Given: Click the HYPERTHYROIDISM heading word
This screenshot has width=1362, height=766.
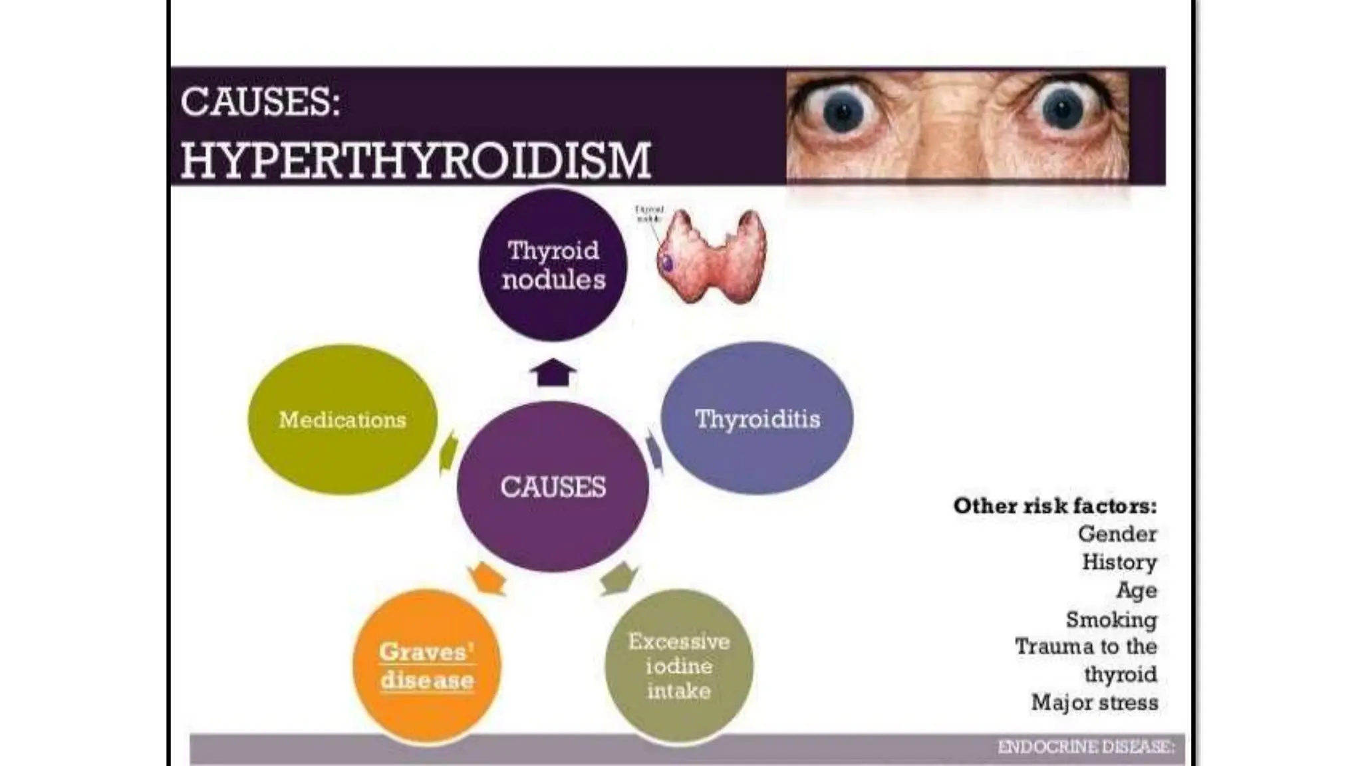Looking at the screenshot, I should (x=416, y=160).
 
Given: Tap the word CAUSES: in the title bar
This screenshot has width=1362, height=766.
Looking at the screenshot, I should (x=260, y=102).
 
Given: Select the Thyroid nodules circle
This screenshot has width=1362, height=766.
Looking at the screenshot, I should (x=553, y=265).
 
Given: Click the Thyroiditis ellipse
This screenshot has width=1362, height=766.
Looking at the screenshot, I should (x=757, y=419).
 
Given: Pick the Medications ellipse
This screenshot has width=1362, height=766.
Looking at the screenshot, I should (x=342, y=420).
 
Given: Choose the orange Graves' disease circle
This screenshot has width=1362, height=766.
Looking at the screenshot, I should (x=427, y=666).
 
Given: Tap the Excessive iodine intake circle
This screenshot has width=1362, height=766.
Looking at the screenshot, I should (x=679, y=666).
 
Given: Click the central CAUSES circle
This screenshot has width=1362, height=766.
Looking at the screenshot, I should (x=553, y=487).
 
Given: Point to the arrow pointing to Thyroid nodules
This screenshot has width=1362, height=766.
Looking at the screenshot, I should (x=553, y=372).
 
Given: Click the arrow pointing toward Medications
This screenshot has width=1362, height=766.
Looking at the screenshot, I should (x=450, y=452).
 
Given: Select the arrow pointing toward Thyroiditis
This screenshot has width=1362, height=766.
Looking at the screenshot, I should (x=655, y=451).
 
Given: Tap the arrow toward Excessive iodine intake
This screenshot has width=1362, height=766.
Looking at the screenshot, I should (x=617, y=577).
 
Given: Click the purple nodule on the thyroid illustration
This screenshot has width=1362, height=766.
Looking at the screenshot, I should (x=667, y=263).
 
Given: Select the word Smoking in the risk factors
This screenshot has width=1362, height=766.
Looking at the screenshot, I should (x=1111, y=620).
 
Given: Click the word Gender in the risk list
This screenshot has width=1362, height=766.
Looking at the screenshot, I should (x=1117, y=534).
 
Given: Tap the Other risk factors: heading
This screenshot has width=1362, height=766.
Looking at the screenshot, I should (x=1055, y=506).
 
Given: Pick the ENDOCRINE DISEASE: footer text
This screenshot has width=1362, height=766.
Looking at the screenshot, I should (x=1085, y=747).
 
